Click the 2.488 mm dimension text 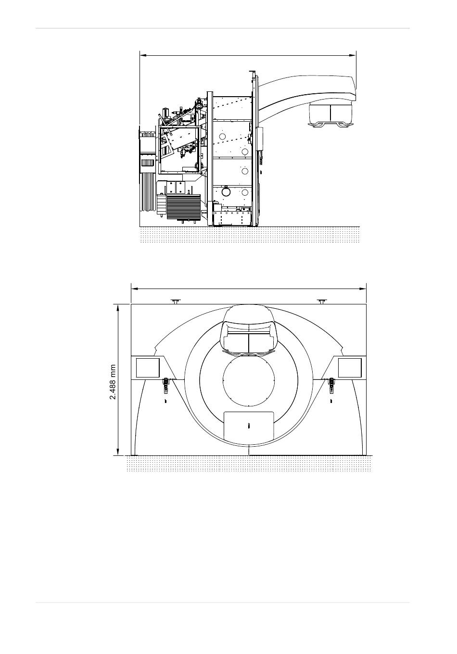pos(113,382)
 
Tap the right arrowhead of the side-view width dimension pos(353,55)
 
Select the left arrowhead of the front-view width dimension pos(135,289)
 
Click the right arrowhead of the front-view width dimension pos(363,289)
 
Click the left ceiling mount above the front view pos(176,302)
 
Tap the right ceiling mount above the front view pos(322,302)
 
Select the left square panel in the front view pos(148,368)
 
